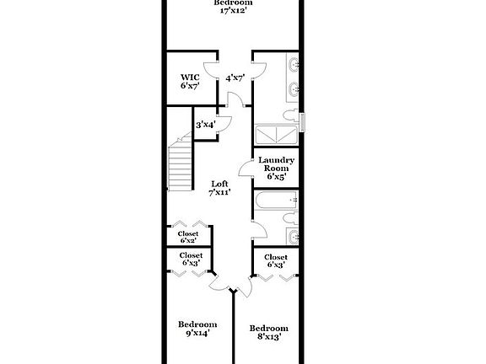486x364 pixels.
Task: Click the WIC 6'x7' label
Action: tap(188, 81)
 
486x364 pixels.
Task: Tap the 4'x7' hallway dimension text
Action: tap(234, 78)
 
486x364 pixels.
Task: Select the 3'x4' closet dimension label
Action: tap(205, 125)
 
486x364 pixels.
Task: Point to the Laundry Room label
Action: tap(275, 169)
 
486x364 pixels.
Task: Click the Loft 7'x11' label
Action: tap(219, 188)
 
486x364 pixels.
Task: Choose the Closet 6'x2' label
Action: tap(188, 238)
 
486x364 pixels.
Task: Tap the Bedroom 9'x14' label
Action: tap(197, 329)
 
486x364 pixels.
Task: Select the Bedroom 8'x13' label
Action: tap(269, 332)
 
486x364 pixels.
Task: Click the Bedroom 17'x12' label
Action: tap(232, 8)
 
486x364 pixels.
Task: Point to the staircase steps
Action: tap(181, 167)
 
